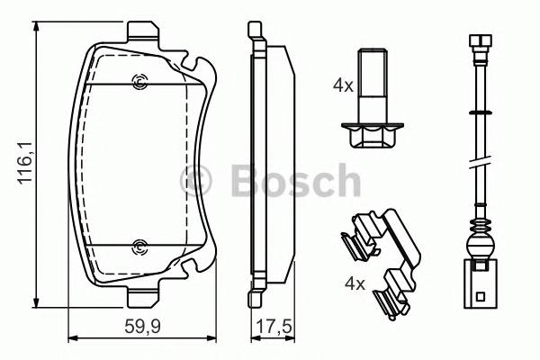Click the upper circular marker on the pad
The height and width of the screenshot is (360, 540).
pyautogui.click(x=139, y=84)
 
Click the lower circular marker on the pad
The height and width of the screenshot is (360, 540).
pyautogui.click(x=139, y=247)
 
